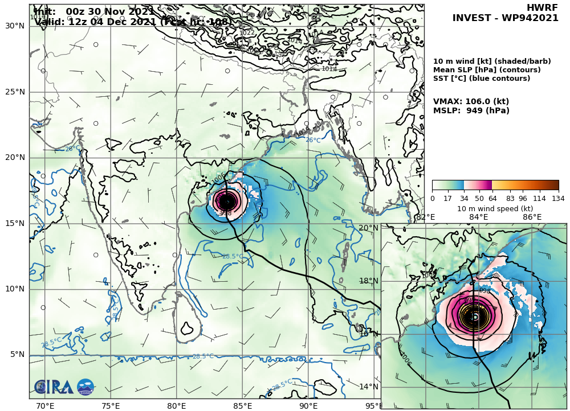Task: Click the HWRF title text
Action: point(539,7)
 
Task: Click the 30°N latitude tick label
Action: point(14,26)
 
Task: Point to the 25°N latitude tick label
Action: point(14,92)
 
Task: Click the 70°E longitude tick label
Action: point(45,405)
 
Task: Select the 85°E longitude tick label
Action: point(243,405)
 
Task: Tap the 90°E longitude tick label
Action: point(308,405)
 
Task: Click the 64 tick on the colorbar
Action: point(492,198)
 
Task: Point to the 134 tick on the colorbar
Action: point(558,198)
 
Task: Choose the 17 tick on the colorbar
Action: point(449,198)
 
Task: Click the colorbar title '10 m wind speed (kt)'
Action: point(495,208)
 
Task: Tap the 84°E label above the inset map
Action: point(478,217)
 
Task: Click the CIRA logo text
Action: point(54,388)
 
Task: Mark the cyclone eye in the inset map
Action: point(474,317)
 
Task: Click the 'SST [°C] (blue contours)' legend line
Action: point(482,78)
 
